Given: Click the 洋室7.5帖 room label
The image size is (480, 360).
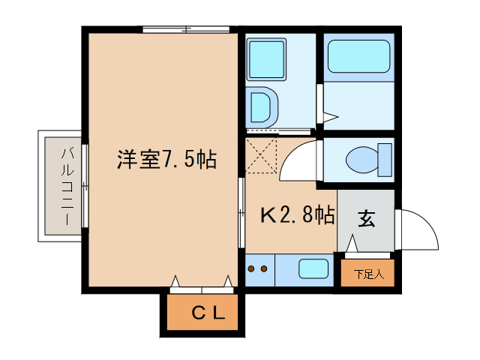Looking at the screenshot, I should [x=166, y=160].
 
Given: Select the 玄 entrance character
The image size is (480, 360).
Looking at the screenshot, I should [x=365, y=219].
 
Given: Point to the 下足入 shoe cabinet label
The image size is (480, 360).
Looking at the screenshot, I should [x=368, y=274].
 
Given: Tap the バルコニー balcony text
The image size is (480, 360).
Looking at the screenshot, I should [x=66, y=187].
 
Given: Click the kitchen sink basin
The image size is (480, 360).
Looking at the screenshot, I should [x=313, y=268].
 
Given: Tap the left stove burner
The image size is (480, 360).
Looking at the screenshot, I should [x=252, y=268].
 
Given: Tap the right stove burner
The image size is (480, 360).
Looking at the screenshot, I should [x=264, y=268].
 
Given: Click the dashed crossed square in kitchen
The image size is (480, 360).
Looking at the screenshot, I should [x=262, y=154].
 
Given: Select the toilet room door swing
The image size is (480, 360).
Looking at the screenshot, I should [x=304, y=159].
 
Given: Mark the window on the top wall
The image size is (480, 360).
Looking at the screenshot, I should [x=186, y=29].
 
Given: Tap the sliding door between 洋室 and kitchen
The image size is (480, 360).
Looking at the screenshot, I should [x=241, y=214].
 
